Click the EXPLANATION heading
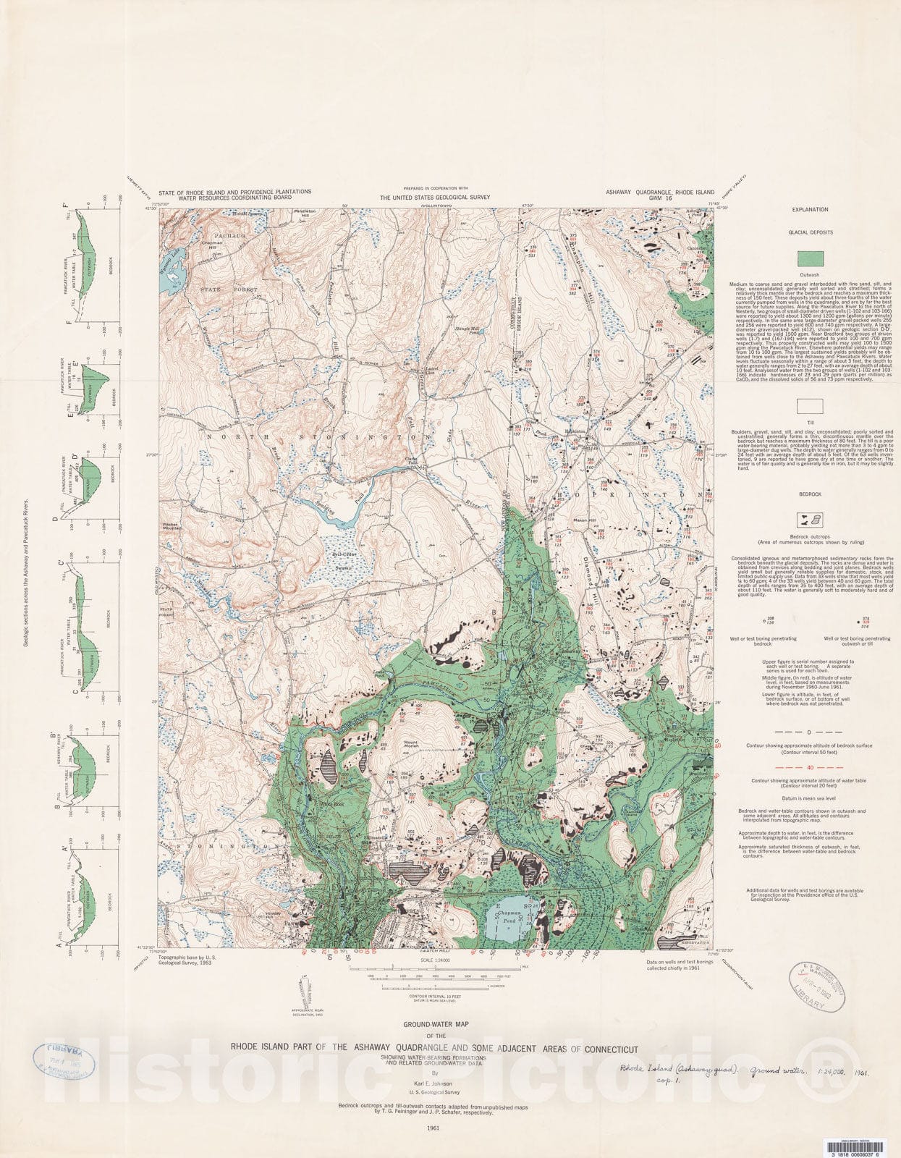tap(810, 209)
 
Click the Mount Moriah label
tap(411, 744)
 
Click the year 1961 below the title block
tap(433, 1128)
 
